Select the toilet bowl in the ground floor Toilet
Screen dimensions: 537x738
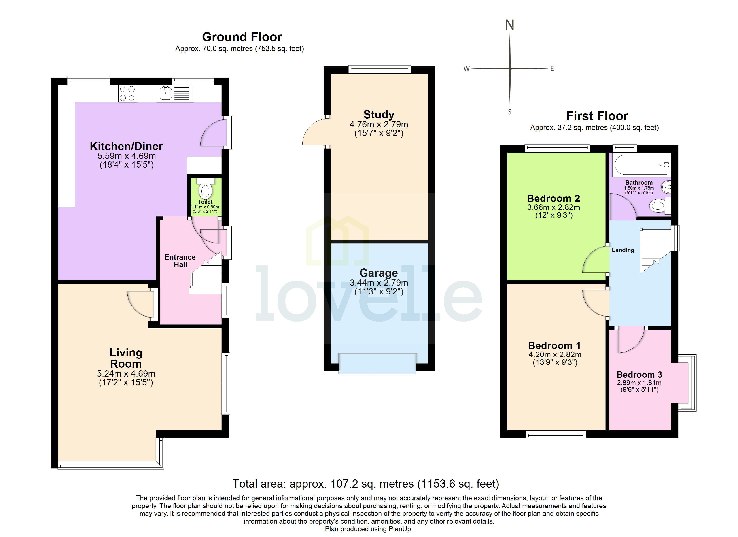205,192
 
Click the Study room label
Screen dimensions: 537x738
379,115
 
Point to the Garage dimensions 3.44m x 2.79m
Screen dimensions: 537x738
379,283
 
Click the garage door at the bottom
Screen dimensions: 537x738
377,363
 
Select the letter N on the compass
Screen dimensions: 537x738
510,25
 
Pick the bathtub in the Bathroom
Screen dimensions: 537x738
641,165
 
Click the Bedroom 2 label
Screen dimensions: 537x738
553,198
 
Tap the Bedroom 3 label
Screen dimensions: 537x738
639,375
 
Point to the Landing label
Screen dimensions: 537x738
623,250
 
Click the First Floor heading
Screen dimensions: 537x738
597,116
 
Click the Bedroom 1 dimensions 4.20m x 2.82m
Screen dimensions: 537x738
555,354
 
